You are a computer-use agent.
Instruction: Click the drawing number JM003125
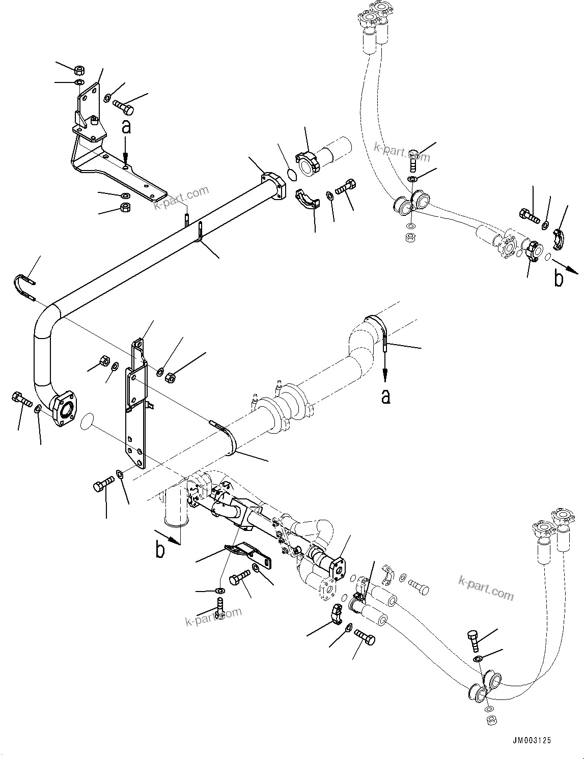(527, 741)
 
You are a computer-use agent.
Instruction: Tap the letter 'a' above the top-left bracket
(126, 127)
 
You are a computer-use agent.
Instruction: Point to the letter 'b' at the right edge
(559, 278)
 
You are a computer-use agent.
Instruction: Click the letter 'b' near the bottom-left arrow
(160, 550)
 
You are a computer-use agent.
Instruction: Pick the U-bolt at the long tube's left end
(23, 287)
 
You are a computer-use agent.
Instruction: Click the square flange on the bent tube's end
(65, 408)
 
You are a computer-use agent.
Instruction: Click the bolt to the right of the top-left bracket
(123, 107)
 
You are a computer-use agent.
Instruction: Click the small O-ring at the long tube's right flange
(291, 175)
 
